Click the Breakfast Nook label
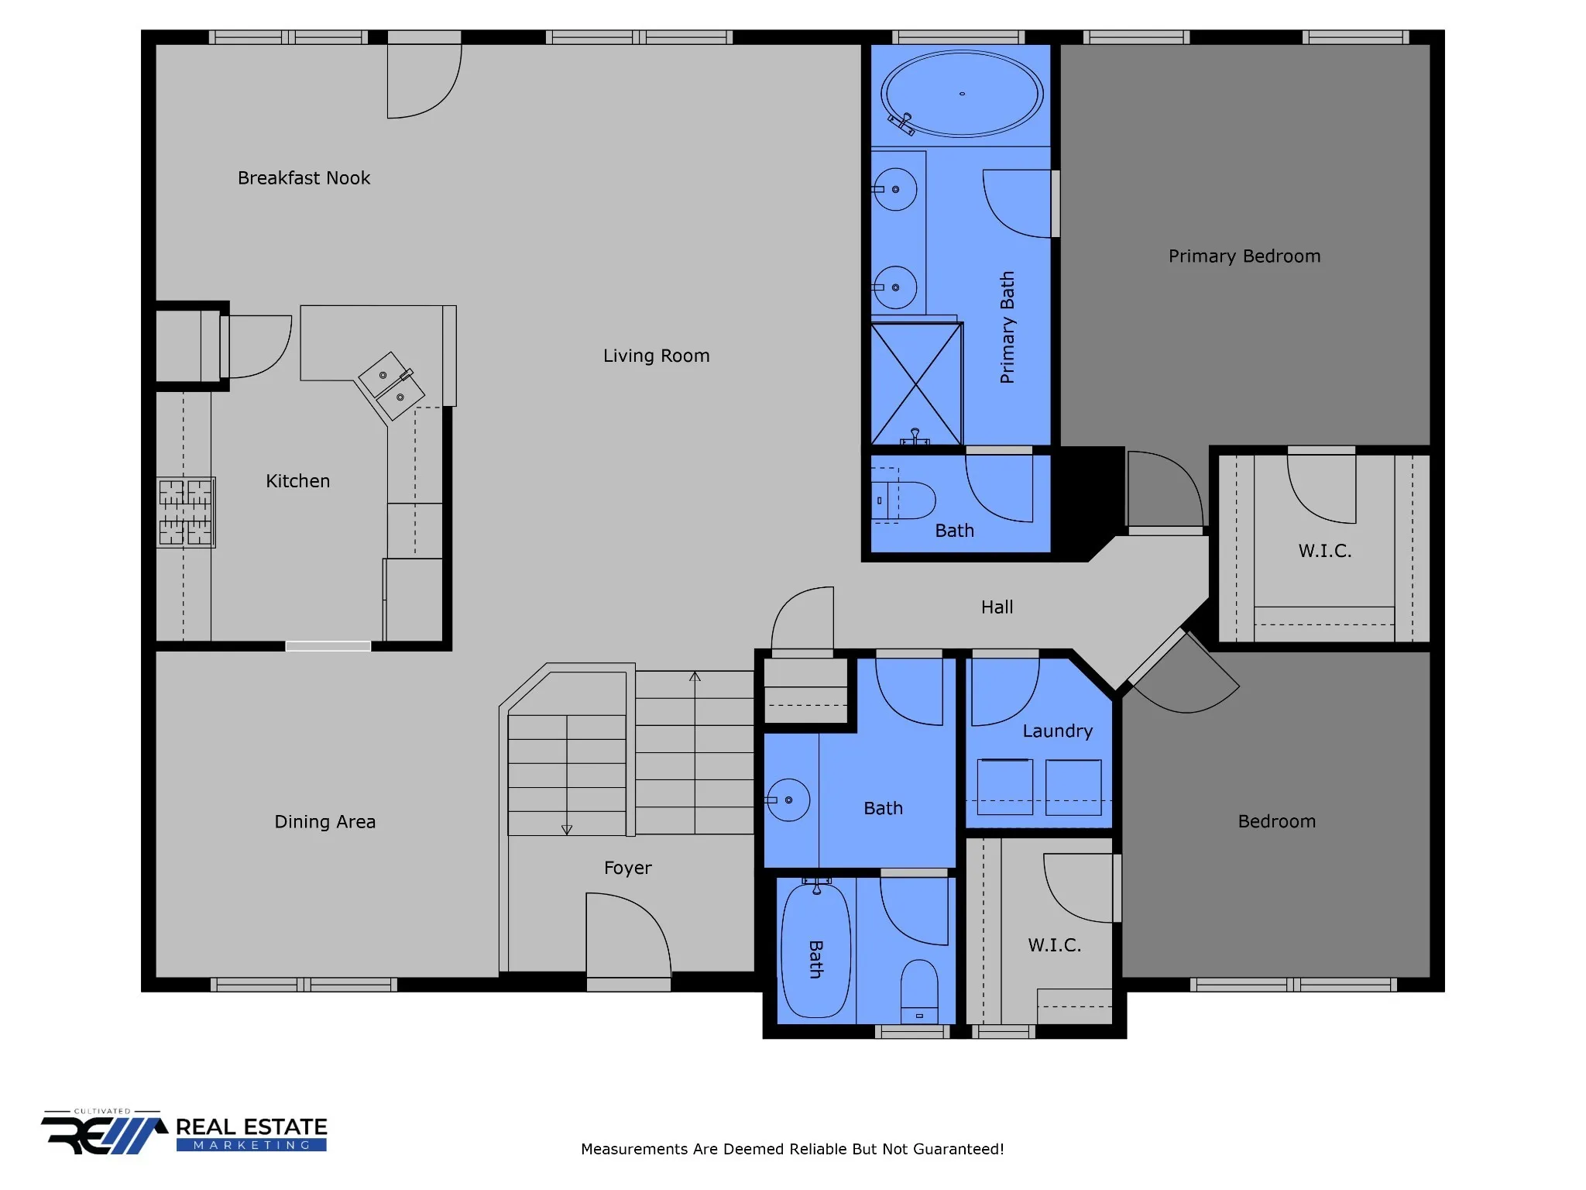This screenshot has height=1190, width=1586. (304, 178)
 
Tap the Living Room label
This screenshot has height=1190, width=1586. (656, 356)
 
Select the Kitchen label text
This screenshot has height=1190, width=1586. (297, 481)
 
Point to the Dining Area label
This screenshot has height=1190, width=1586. (324, 822)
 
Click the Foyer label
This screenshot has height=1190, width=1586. (627, 868)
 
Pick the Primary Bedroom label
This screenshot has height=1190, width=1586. (1244, 256)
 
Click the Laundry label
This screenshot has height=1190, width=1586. (1057, 731)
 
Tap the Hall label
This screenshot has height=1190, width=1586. (997, 607)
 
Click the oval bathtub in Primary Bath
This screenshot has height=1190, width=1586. (962, 95)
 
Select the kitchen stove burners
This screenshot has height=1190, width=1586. (186, 512)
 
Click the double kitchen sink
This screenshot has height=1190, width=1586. (391, 386)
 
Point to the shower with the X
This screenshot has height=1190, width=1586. (916, 383)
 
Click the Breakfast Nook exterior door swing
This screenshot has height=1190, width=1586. (424, 77)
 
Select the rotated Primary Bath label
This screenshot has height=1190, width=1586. (1007, 327)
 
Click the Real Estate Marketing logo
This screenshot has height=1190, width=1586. (184, 1133)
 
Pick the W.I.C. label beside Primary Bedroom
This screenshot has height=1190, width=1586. (1324, 551)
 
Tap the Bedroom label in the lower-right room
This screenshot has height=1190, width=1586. (1276, 822)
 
